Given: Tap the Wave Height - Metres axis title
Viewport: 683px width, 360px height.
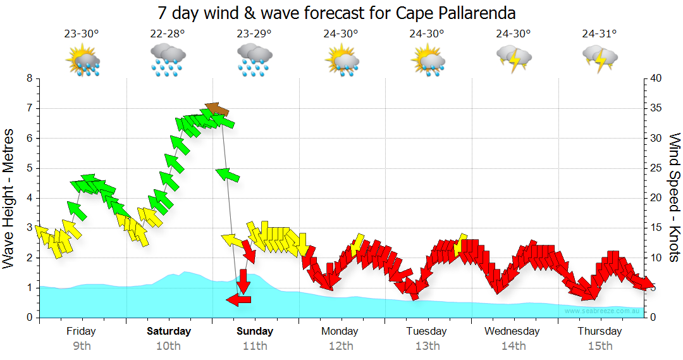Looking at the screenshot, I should [9, 198].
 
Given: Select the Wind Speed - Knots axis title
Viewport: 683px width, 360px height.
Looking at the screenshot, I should [674, 197].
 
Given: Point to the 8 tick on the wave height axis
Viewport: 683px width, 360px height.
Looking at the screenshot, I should [28, 78].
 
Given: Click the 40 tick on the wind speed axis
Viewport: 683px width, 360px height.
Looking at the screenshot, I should [656, 78].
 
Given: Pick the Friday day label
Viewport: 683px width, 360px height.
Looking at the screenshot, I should [81, 331].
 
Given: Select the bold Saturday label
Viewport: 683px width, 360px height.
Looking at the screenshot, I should [169, 331].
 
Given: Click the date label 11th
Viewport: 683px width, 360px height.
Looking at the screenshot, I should [255, 345].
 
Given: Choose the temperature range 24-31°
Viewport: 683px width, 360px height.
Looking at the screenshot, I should [600, 34].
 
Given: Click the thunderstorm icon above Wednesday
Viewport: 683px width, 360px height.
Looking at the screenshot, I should [514, 58].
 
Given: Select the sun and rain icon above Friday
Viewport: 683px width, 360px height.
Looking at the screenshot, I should [82, 60].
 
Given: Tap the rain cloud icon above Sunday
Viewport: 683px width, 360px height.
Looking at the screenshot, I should [254, 60].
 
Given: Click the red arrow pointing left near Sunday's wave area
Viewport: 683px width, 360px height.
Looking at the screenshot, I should [238, 300].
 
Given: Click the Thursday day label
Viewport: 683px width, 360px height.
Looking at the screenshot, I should [600, 331].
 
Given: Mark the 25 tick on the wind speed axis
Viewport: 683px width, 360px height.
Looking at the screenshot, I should [656, 168].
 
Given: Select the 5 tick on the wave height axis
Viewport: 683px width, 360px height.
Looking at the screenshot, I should [28, 168].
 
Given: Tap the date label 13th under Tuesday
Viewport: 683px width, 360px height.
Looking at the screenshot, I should [428, 345].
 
